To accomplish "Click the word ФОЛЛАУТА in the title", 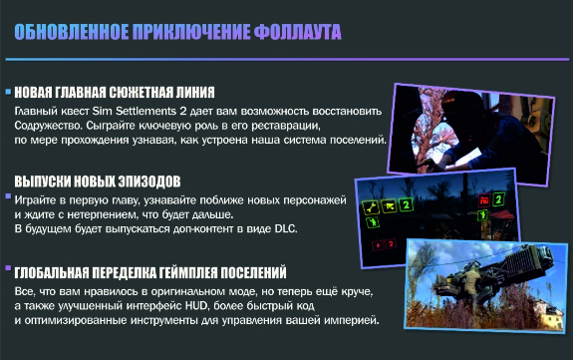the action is pyautogui.click(x=298, y=32).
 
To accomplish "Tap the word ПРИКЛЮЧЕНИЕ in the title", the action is pyautogui.click(x=191, y=32).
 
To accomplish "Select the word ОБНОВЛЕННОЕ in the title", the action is pyautogui.click(x=72, y=32).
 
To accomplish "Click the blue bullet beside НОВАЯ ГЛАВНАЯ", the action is pyautogui.click(x=8, y=92).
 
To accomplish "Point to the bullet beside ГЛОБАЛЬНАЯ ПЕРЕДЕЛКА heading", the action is pyautogui.click(x=8, y=268).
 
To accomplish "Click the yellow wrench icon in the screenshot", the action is pyautogui.click(x=371, y=207).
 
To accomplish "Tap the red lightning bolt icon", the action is pyautogui.click(x=378, y=245).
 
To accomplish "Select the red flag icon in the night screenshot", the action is pyautogui.click(x=484, y=200).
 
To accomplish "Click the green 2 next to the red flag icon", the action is pyautogui.click(x=498, y=199).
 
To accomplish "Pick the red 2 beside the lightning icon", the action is pyautogui.click(x=391, y=244).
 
